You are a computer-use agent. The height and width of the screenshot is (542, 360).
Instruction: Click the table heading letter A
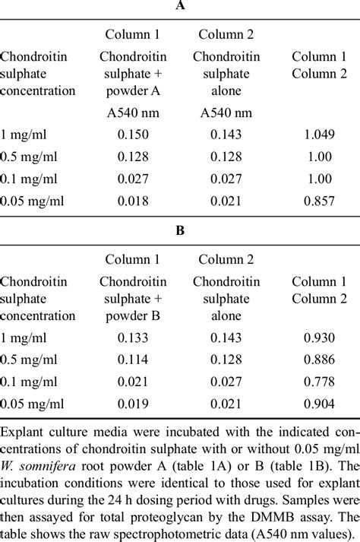(x=180, y=6)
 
